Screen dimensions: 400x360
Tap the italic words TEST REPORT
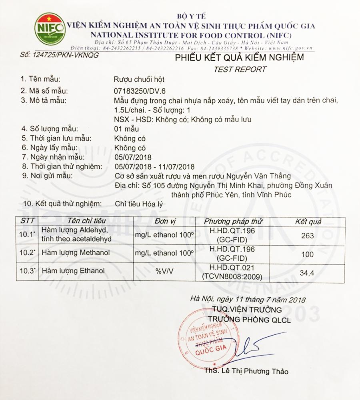240,69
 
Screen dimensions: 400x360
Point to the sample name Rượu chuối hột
139,79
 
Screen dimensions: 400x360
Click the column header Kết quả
308,221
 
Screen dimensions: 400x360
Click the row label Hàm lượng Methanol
75,253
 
